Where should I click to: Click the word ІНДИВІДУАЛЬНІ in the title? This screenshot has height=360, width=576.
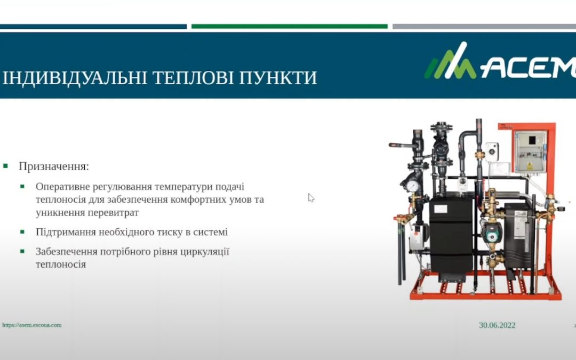[75, 78]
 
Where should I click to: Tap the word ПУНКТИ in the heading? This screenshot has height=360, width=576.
[278, 77]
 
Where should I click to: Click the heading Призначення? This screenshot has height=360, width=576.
[54, 166]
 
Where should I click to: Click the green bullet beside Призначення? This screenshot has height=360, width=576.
[5, 166]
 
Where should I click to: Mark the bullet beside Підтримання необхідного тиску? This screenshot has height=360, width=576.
[22, 232]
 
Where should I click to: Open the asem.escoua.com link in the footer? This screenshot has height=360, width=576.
[32, 325]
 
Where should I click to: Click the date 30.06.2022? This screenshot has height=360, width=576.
[497, 325]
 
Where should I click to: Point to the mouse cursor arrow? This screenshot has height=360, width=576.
[311, 198]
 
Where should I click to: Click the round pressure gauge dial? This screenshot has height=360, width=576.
[412, 186]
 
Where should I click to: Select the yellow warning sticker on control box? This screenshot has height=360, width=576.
[530, 166]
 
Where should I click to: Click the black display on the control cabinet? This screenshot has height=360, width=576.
[532, 140]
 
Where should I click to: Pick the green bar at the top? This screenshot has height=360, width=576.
[290, 27]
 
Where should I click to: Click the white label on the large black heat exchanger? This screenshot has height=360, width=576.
[441, 209]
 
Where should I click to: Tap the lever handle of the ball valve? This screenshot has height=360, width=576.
[402, 146]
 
